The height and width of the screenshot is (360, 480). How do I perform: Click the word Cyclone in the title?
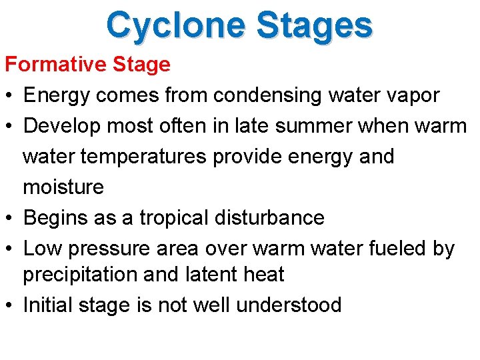[x=176, y=25]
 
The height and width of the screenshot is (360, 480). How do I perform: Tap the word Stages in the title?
[x=314, y=25]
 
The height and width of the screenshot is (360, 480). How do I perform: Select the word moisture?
[x=63, y=187]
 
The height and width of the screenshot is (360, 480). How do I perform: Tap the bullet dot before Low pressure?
[x=9, y=249]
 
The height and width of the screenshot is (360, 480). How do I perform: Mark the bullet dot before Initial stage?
[x=9, y=305]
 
